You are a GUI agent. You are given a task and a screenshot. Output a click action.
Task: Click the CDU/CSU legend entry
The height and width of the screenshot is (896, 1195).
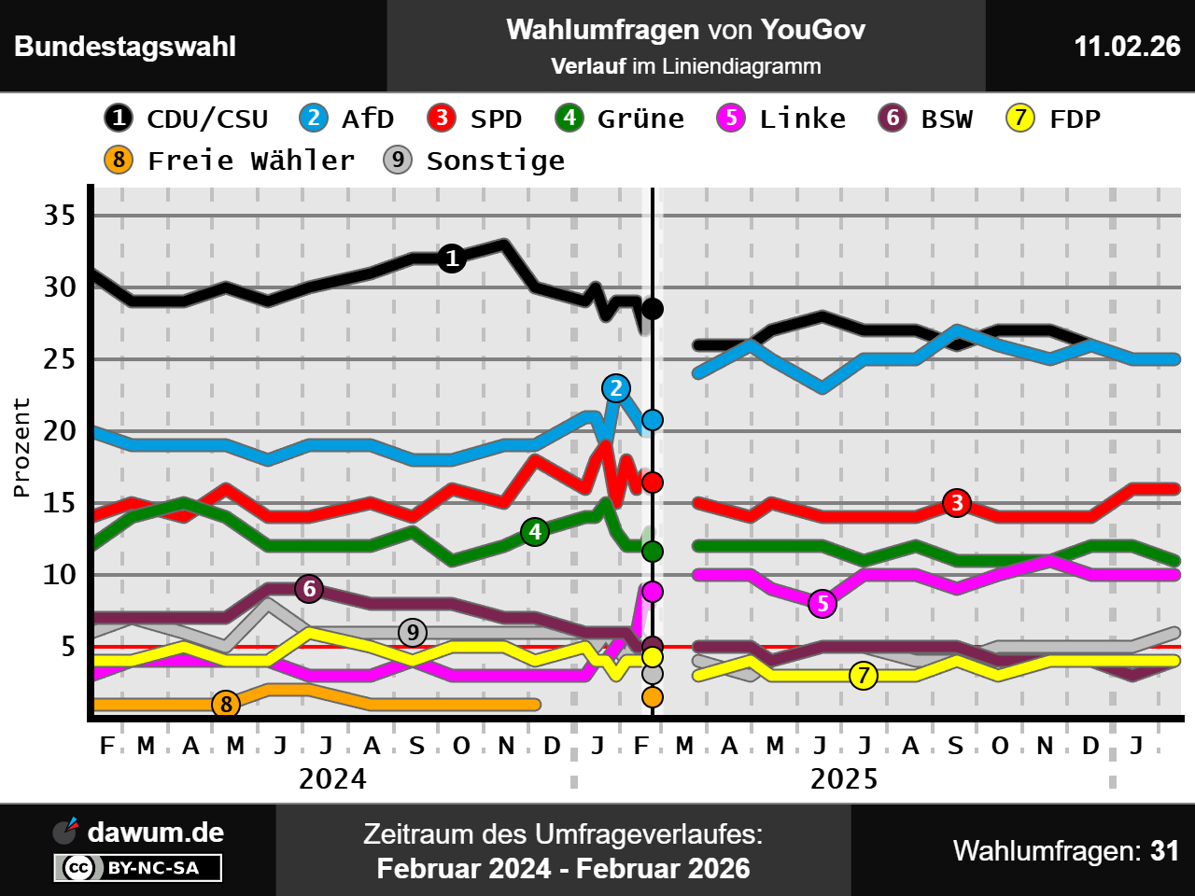pyautogui.click(x=187, y=119)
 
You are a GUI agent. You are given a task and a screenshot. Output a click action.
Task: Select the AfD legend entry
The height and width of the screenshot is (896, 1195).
pyautogui.click(x=347, y=119)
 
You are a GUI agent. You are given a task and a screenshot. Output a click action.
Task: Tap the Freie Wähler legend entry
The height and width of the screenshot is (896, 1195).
pyautogui.click(x=230, y=161)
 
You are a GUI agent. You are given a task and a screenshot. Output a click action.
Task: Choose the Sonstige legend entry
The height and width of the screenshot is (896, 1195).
pyautogui.click(x=474, y=161)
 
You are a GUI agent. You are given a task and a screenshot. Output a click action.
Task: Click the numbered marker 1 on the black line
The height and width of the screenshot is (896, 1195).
pyautogui.click(x=452, y=259)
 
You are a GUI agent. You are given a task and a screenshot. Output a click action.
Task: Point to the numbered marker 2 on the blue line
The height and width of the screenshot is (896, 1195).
pyautogui.click(x=615, y=388)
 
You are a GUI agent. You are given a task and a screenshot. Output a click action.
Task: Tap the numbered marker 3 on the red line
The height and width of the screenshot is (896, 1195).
pyautogui.click(x=956, y=503)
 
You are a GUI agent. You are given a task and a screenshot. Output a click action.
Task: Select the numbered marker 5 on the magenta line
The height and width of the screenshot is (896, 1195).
pyautogui.click(x=822, y=604)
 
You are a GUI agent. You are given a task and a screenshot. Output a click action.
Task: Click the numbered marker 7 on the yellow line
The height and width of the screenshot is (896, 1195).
pyautogui.click(x=864, y=676)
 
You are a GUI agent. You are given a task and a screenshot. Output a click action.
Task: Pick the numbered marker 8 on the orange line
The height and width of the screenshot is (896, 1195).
pyautogui.click(x=226, y=704)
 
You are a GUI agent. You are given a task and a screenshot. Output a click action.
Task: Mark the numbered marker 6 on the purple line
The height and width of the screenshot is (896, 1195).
pyautogui.click(x=309, y=589)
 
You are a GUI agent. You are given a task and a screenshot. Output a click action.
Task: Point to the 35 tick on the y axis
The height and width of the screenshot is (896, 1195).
pyautogui.click(x=60, y=216)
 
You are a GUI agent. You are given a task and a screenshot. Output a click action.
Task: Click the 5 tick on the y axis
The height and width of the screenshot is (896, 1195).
pyautogui.click(x=68, y=647)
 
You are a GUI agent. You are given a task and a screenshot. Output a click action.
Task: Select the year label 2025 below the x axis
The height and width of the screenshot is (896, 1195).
pyautogui.click(x=844, y=779)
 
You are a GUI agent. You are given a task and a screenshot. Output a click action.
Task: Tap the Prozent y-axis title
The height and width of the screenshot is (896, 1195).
pyautogui.click(x=21, y=447)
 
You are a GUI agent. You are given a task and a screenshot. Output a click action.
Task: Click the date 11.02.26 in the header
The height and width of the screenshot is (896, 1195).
pyautogui.click(x=1127, y=47)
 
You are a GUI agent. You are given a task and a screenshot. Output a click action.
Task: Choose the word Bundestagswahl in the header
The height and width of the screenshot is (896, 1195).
pyautogui.click(x=125, y=47)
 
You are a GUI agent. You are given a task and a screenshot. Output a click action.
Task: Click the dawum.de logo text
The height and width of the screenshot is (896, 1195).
pyautogui.click(x=155, y=833)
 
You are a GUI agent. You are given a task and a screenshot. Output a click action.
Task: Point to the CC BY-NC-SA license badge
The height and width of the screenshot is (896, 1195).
pyautogui.click(x=138, y=868)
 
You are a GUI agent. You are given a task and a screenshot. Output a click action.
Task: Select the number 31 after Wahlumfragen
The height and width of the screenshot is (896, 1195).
pyautogui.click(x=1165, y=851)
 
